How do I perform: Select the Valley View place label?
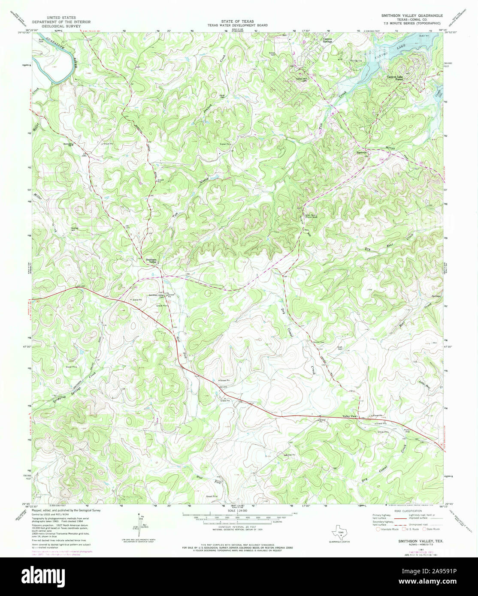349,416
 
